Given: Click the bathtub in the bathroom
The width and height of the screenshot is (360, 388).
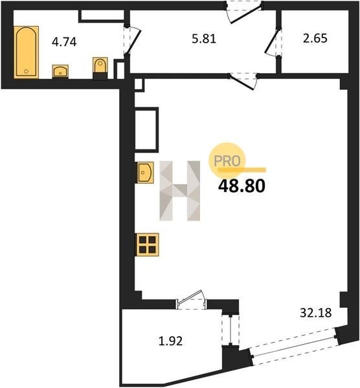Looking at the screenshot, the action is point(27,52).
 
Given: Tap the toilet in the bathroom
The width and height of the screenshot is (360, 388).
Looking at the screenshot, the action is point(100,68).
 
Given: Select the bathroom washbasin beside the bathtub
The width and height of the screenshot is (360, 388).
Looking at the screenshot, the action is point(60,71).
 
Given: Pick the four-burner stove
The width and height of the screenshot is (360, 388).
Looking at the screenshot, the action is point(147,244).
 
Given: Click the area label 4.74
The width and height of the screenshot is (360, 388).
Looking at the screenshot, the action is point(64,42).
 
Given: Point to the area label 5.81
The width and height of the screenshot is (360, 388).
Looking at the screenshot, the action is point(204,39).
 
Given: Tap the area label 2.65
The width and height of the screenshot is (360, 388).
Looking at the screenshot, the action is point(315,38).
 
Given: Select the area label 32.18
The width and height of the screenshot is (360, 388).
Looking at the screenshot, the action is point(316,313).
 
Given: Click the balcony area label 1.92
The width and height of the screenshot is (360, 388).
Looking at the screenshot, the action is point(170,341).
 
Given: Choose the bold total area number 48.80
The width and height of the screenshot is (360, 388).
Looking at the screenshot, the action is point(242,186).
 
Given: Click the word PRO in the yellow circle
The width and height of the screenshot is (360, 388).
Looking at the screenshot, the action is point(227,161).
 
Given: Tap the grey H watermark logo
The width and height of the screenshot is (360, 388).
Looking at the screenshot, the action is point(179,191).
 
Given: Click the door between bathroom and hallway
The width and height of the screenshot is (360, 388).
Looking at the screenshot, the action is point(132,41).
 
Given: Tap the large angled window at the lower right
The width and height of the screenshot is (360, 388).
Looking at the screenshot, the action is point(294,347).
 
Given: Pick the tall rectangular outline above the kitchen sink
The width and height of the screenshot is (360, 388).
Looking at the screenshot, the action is point(147,129).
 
